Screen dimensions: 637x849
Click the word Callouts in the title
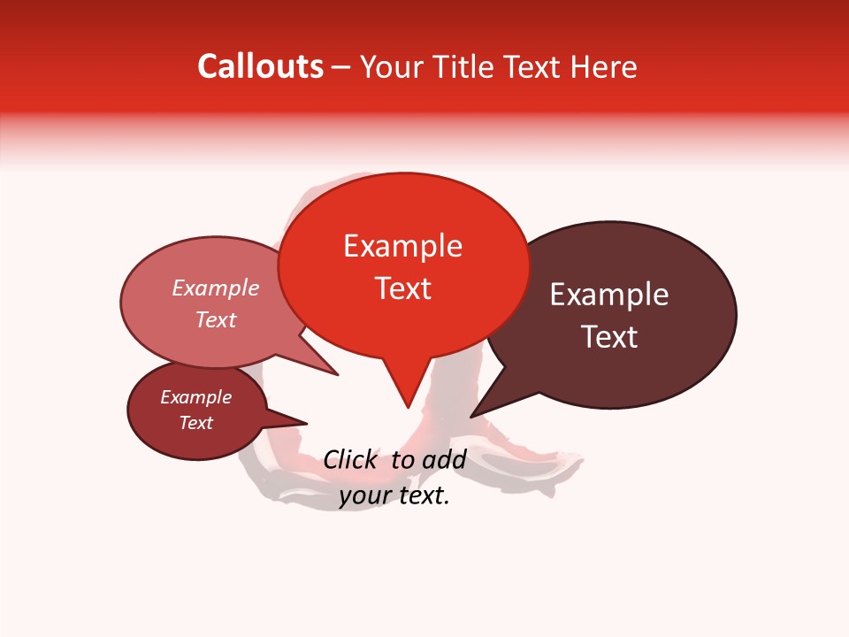pyautogui.click(x=261, y=66)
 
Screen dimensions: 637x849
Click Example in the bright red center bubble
pyautogui.click(x=402, y=246)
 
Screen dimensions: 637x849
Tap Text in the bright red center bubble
pyautogui.click(x=403, y=288)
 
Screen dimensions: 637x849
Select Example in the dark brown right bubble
pyautogui.click(x=609, y=295)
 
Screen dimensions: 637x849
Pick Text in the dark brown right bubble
pyautogui.click(x=609, y=337)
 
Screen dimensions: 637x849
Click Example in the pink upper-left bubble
pyautogui.click(x=216, y=288)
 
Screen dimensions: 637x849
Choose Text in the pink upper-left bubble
pyautogui.click(x=216, y=319)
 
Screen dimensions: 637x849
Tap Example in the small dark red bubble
pyautogui.click(x=195, y=397)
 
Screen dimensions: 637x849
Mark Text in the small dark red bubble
pyautogui.click(x=196, y=423)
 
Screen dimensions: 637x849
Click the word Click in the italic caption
pyautogui.click(x=350, y=459)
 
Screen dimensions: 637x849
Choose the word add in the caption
pyautogui.click(x=444, y=459)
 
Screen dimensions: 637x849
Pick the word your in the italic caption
pyautogui.click(x=363, y=496)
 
